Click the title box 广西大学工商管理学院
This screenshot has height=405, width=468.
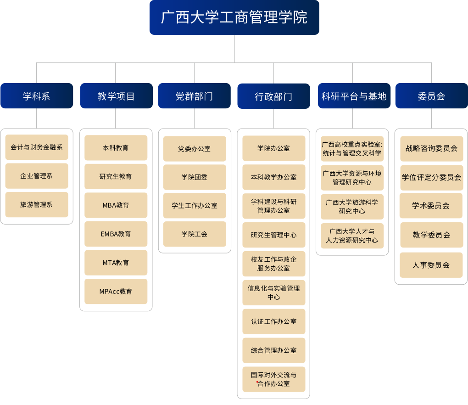[234, 17]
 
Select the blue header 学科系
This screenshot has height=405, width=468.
[37, 96]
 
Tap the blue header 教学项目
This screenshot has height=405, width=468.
[116, 96]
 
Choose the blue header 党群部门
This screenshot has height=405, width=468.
[194, 96]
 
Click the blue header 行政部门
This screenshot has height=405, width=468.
[273, 96]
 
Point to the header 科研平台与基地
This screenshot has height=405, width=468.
[354, 96]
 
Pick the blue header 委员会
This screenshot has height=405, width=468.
[431, 96]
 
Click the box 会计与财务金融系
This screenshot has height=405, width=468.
[37, 147]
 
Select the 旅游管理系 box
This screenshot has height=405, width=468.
[37, 205]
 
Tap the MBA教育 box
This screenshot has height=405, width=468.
[116, 205]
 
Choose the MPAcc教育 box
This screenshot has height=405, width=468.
[116, 292]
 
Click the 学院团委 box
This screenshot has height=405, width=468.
[195, 177]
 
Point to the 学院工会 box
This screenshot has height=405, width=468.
[195, 234]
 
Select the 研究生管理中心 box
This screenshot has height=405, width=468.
[274, 235]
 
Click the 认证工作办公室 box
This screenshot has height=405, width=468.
[274, 321]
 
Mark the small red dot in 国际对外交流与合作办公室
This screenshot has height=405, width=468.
[257, 382]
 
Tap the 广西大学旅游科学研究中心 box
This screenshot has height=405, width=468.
[352, 207]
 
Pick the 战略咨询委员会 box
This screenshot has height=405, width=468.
[431, 149]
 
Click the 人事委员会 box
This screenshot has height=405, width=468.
[431, 265]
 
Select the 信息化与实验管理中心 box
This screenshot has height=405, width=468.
[274, 292]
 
